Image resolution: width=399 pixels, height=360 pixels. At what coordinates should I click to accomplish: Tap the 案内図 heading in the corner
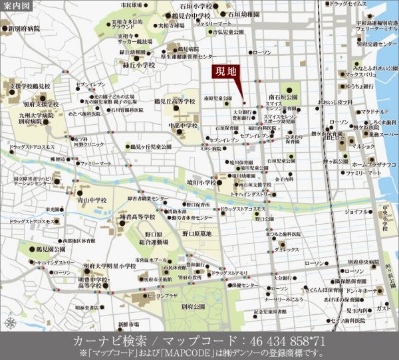point(15,7)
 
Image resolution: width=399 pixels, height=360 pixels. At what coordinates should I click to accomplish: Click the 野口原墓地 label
point(197,233)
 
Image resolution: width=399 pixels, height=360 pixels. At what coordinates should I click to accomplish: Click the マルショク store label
point(364,145)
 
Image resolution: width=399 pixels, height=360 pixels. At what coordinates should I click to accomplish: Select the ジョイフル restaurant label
point(356,212)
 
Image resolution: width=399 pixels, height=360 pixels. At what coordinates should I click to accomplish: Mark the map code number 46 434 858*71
point(273,340)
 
